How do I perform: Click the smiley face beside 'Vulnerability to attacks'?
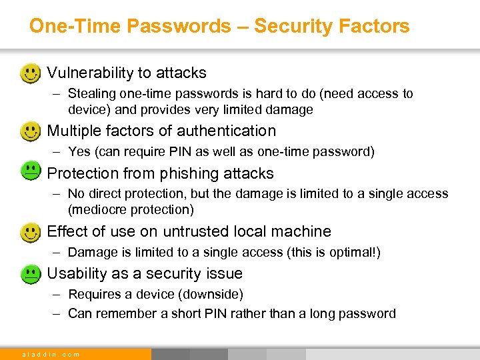30,73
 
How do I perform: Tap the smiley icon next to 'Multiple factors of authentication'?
30,131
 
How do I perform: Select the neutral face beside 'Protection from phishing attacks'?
30,173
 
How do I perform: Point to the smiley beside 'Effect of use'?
30,231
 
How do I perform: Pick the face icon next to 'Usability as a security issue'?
30,273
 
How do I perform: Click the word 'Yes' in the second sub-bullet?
79,152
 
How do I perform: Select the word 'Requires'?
93,295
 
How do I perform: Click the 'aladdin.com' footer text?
51,354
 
